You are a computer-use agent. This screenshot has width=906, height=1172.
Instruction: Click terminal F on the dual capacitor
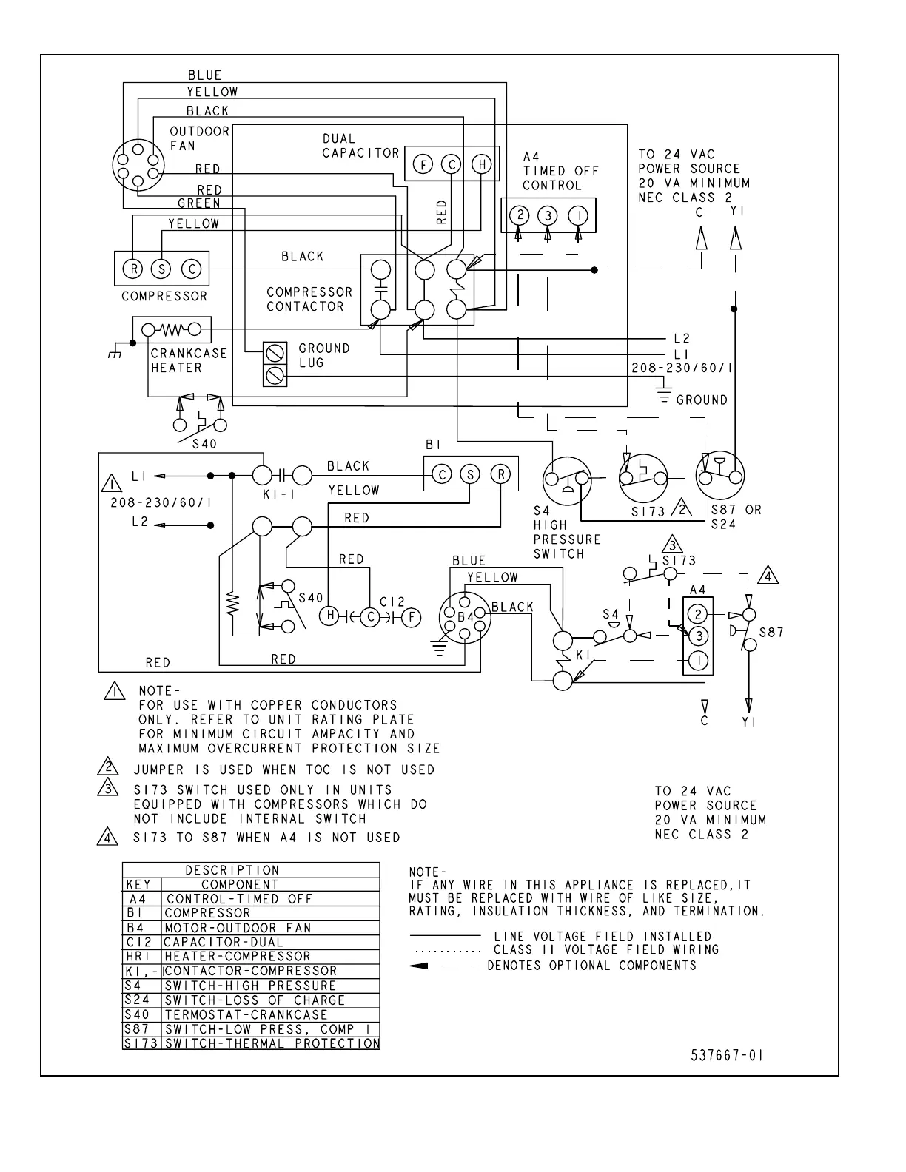(423, 164)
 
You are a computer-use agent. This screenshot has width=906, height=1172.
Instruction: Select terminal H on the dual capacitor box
(482, 164)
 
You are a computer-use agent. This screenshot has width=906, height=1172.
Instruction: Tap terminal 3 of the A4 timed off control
(548, 215)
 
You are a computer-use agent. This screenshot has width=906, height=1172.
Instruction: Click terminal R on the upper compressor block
(132, 269)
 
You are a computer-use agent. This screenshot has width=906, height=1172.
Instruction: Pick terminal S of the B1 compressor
(470, 474)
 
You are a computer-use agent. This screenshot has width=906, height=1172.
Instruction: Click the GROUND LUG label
(323, 355)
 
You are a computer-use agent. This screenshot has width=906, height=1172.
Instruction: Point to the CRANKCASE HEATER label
(189, 360)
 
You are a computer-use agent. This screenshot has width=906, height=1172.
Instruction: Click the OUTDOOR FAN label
(199, 138)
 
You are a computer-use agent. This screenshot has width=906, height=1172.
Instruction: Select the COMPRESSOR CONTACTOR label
(309, 299)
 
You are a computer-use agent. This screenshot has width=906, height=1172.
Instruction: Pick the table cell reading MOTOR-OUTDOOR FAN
(238, 928)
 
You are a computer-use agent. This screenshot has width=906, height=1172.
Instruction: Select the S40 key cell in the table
(138, 1014)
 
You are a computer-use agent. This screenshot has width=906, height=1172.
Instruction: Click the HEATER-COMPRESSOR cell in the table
(237, 956)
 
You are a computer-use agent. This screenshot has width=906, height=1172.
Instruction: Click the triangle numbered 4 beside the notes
(108, 838)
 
